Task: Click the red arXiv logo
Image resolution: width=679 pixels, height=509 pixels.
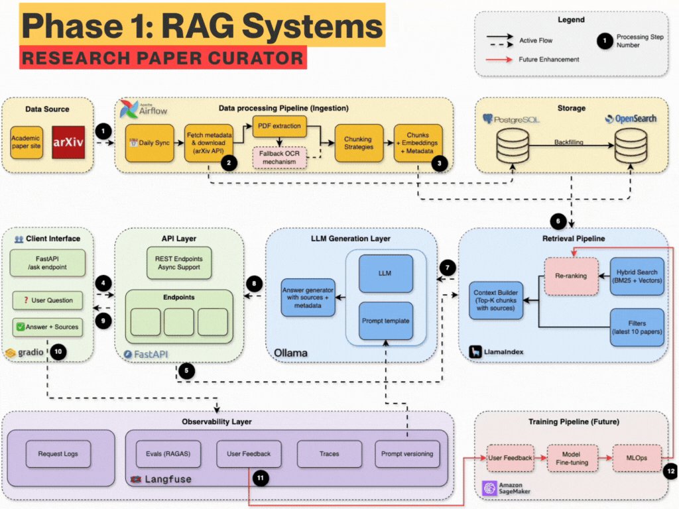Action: pos(69,142)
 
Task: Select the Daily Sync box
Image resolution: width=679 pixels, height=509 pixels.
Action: pos(149,143)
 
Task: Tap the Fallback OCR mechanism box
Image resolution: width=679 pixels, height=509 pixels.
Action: pos(279,157)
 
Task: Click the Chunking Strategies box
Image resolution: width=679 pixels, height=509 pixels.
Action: pos(357,143)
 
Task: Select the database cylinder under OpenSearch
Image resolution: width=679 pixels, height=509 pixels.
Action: pos(629,144)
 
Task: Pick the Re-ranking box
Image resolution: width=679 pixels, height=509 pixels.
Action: pos(571,276)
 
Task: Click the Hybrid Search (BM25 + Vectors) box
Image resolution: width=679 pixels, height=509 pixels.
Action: pos(637,276)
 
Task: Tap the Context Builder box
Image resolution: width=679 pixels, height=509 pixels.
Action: pos(496,300)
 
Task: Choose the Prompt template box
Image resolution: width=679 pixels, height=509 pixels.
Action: pos(385,321)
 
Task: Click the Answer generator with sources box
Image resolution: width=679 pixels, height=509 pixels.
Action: pos(308,297)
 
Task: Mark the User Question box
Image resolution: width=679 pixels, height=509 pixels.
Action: pos(48,300)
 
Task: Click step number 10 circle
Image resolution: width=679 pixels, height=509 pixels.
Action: pos(58,352)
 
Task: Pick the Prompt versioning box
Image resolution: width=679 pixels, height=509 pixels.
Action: pos(406,454)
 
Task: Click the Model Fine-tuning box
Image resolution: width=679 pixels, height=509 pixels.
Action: pos(571,458)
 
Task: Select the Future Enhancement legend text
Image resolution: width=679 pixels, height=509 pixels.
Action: pos(548,59)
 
